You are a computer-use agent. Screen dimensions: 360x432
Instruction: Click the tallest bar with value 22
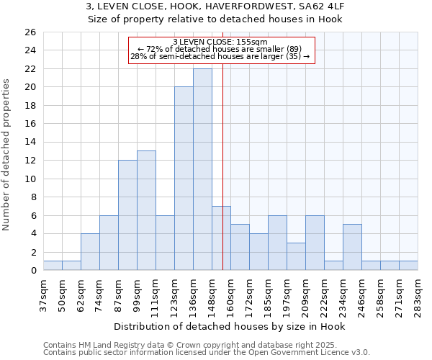point(202,169)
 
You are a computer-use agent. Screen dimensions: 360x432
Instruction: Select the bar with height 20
point(184,179)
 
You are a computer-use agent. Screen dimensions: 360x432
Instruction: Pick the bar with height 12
point(127,215)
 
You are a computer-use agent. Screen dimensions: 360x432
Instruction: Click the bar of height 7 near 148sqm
point(221,238)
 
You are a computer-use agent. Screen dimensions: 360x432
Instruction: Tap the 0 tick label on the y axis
point(32,271)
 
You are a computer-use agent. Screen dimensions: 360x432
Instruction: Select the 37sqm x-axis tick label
point(43,294)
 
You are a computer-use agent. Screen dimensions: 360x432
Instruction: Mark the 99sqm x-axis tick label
point(137,294)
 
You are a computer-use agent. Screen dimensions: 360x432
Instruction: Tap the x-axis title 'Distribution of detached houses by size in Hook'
point(230,326)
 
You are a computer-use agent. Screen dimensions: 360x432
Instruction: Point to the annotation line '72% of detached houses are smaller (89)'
point(220,49)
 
